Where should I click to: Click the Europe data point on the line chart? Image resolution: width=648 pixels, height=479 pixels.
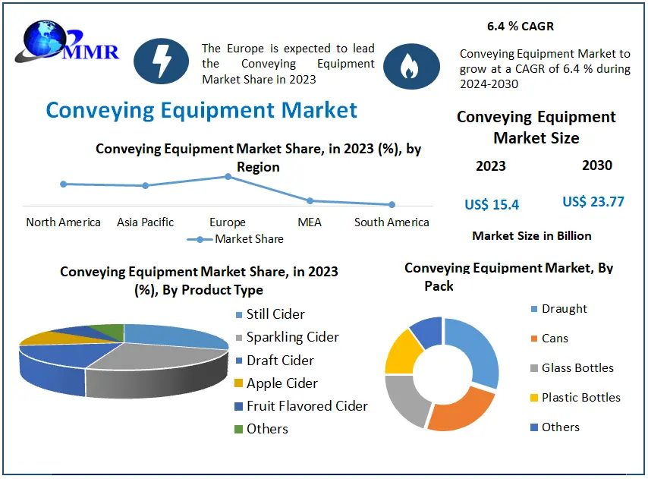click(x=228, y=176)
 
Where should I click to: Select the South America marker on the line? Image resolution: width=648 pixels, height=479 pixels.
click(x=392, y=204)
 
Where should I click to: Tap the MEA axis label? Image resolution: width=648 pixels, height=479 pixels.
click(x=310, y=222)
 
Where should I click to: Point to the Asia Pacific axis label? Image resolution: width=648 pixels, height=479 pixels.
click(x=145, y=222)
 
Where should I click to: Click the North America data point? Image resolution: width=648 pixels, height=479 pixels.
click(x=63, y=184)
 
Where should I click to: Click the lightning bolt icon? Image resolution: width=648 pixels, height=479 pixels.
click(x=161, y=61)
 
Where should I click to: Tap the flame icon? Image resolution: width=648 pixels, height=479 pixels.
click(x=411, y=66)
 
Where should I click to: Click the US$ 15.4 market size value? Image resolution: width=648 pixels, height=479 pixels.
click(x=492, y=204)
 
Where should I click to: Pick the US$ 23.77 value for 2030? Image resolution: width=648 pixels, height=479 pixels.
click(x=593, y=202)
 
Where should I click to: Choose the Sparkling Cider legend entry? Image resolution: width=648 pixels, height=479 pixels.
click(x=288, y=337)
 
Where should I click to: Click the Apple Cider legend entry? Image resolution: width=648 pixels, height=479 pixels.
click(x=276, y=383)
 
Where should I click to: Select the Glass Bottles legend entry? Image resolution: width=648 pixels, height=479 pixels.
click(x=572, y=368)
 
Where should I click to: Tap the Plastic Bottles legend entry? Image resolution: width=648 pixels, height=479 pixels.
click(x=575, y=398)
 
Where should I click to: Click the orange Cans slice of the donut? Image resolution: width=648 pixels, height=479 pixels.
click(x=460, y=411)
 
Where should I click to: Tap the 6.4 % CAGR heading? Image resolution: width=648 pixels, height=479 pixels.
click(x=521, y=26)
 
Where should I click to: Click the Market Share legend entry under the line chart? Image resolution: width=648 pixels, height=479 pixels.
click(x=235, y=239)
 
